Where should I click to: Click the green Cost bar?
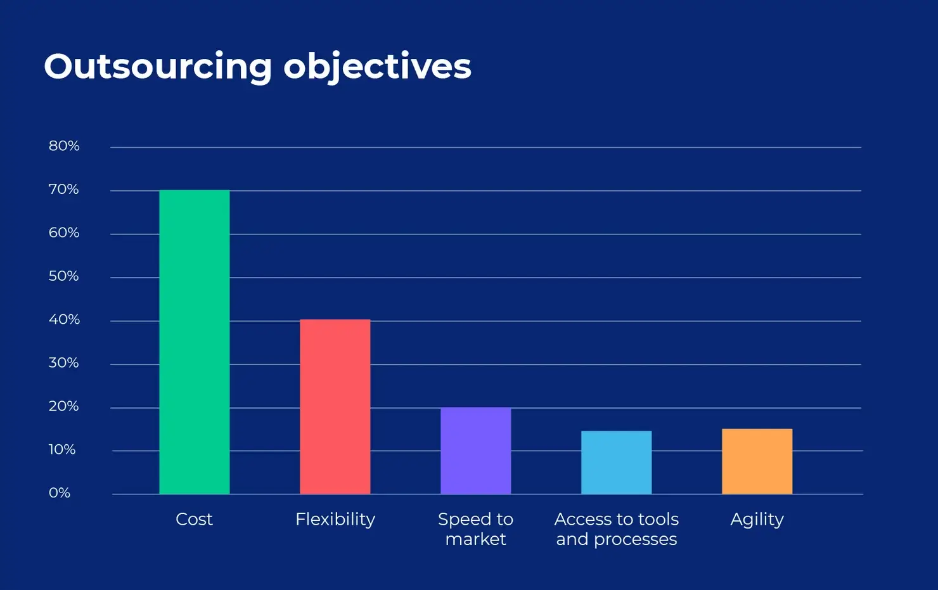(x=194, y=342)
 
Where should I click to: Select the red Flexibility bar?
(x=335, y=407)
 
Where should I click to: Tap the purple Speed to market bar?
(x=475, y=451)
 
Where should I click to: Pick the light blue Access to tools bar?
(x=616, y=463)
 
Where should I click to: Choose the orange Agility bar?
(x=757, y=461)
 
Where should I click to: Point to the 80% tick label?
(x=64, y=146)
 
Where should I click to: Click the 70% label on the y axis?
(x=64, y=189)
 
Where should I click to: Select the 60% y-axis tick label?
(x=64, y=233)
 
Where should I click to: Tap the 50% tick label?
(x=64, y=276)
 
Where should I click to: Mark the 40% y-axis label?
(x=64, y=319)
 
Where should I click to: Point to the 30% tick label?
(x=64, y=363)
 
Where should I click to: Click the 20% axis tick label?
(x=64, y=406)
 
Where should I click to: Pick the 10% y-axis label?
(x=62, y=450)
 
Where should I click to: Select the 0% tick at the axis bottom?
(x=60, y=493)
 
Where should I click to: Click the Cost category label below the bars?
(x=194, y=519)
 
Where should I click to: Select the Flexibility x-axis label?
(x=335, y=520)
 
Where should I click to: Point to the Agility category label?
(x=757, y=520)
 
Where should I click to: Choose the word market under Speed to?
(x=475, y=539)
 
